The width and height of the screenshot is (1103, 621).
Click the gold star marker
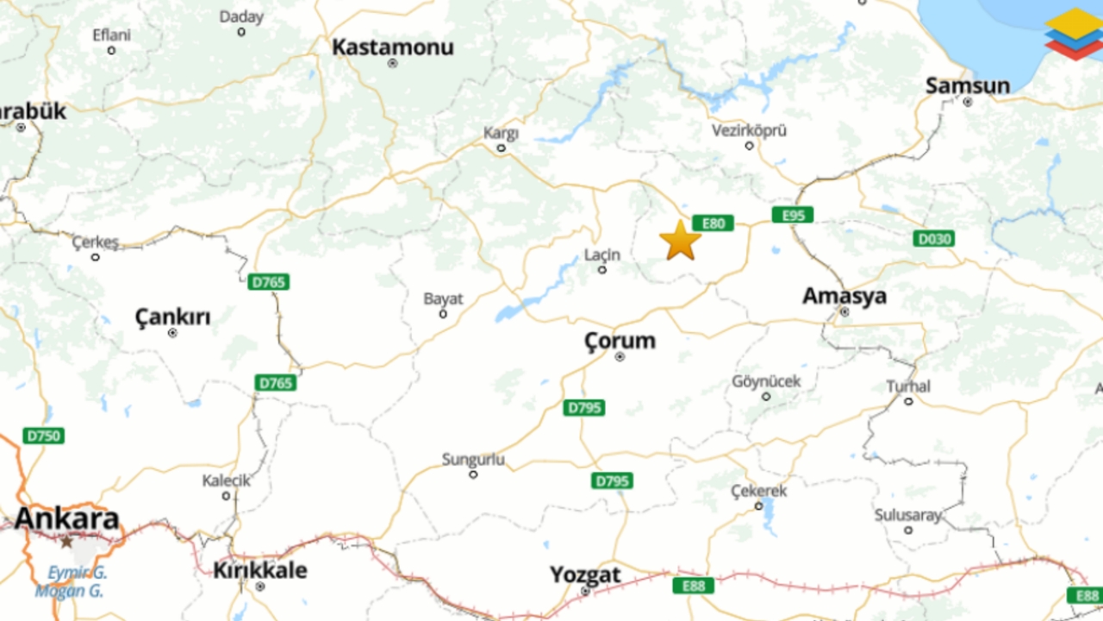point(681,241)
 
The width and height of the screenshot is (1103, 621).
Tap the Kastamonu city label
point(393,47)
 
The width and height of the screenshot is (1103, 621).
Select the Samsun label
point(968,85)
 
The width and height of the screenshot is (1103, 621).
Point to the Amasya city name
point(844,296)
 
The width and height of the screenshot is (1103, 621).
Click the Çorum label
point(620,341)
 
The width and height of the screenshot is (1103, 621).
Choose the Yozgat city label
point(586,574)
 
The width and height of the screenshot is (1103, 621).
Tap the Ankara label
point(66,518)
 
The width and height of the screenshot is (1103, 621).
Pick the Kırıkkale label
point(259,570)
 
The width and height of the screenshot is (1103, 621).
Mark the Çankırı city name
point(172,317)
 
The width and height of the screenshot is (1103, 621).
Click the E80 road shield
point(713,223)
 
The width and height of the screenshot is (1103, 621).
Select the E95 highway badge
point(793,215)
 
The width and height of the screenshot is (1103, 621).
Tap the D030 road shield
point(934,238)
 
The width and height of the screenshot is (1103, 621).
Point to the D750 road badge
point(44,436)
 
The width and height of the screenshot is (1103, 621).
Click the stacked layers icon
point(1073,34)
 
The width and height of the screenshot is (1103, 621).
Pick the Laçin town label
point(602,255)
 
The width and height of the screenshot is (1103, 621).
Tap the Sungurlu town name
point(473,460)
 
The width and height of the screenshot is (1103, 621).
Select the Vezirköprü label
point(749,131)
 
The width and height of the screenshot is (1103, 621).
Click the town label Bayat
point(443,299)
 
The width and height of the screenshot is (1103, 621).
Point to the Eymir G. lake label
point(77,572)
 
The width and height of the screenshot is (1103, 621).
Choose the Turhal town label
point(908,386)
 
